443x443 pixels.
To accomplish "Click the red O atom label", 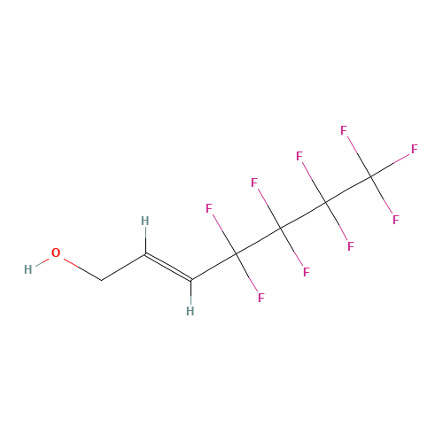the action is (56, 253).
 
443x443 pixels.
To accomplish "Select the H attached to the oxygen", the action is (28, 269).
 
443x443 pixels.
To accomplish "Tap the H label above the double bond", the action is (145, 221).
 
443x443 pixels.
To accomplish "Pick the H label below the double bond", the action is (190, 311).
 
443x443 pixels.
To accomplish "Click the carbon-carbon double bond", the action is (168, 268).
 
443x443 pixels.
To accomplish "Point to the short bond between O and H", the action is (42, 262).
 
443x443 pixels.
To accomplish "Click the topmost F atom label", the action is (344, 130).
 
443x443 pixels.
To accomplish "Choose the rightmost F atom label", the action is (415, 149).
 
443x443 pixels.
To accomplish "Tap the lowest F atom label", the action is (261, 298).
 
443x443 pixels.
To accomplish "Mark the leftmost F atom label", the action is (209, 208).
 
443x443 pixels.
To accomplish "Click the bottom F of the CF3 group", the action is (396, 220).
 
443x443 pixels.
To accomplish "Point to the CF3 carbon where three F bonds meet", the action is (370, 176).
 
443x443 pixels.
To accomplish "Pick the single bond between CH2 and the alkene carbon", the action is (123, 267).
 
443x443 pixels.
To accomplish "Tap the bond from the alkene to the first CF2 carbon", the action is (214, 267).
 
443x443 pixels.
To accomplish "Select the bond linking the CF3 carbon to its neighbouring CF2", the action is (348, 190).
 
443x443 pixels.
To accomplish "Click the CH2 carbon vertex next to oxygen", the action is (102, 280).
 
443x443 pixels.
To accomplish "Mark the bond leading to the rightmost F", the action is (390, 166).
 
